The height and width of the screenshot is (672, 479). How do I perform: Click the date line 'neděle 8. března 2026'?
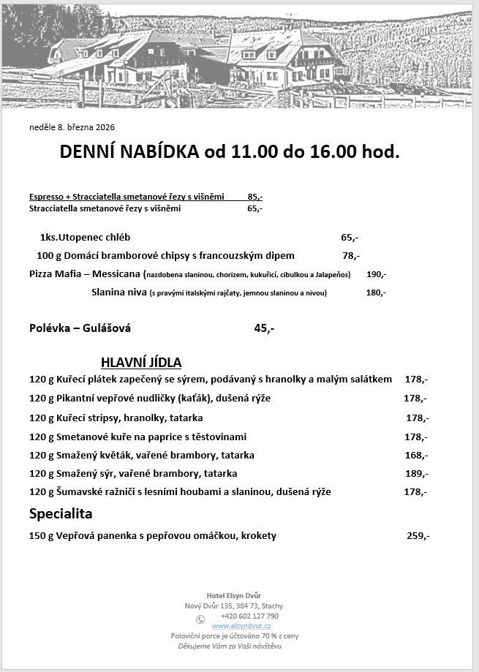[x=72, y=127]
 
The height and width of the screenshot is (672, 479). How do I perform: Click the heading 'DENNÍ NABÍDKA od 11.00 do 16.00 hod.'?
[x=230, y=152]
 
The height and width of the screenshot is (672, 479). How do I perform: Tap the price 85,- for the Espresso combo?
[x=254, y=197]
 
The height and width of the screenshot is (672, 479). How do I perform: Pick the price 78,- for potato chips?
[x=351, y=256]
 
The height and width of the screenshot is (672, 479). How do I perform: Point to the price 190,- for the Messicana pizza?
[x=376, y=275]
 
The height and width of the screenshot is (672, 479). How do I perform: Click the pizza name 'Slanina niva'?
[x=119, y=292]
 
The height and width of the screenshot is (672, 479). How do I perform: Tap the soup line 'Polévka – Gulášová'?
[x=80, y=328]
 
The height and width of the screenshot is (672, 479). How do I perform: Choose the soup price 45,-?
[x=264, y=328]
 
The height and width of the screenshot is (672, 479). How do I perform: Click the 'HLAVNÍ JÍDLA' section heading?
[x=141, y=363]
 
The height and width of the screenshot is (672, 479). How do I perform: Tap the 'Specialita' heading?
[x=61, y=514]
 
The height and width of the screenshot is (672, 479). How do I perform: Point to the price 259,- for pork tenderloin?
[x=418, y=536]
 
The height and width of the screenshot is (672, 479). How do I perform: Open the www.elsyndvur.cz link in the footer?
[x=241, y=626]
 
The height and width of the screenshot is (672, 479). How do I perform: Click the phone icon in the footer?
[x=200, y=619]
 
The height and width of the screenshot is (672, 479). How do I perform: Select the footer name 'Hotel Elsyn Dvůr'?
[x=234, y=595]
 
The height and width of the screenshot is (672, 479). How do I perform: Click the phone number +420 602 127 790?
[x=249, y=616]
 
